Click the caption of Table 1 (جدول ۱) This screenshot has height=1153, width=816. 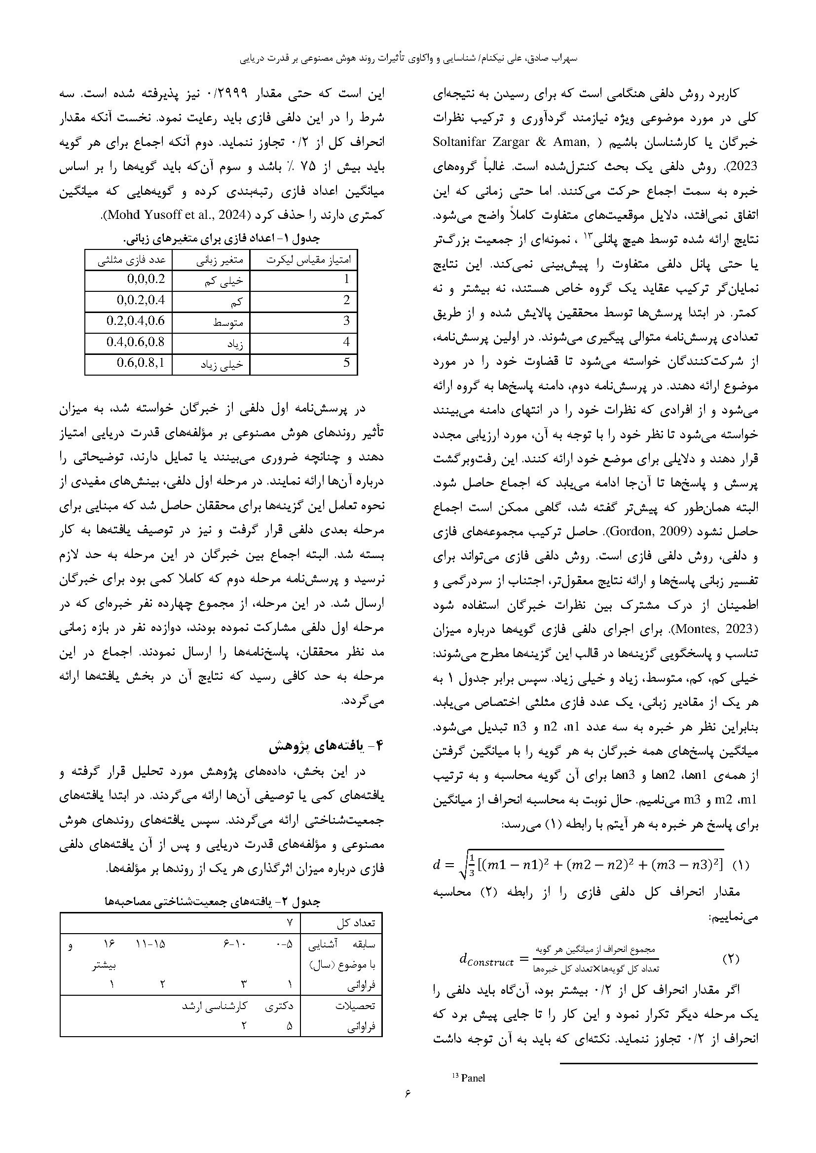point(222,239)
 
